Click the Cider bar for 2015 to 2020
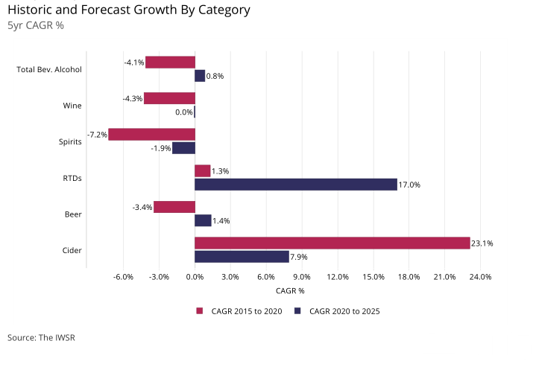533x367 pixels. point(332,243)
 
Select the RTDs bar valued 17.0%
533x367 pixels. point(296,185)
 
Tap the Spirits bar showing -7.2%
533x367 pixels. point(152,135)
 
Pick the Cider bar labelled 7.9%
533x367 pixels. point(242,257)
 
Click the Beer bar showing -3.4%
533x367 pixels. point(174,207)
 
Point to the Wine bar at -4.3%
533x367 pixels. point(169,98)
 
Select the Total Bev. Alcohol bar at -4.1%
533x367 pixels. point(170,63)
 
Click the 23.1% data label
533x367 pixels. point(482,243)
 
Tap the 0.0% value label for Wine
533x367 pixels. point(183,112)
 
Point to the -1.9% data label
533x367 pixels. point(161,148)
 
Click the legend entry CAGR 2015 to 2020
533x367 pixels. point(240,311)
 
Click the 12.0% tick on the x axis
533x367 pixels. point(338,278)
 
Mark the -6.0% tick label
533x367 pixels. point(123,278)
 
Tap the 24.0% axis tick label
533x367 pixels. point(480,278)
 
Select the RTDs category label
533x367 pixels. point(72,179)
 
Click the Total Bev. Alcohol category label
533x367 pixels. point(49,70)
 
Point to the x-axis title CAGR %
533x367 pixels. point(290,291)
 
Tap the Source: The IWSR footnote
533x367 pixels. point(41,338)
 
